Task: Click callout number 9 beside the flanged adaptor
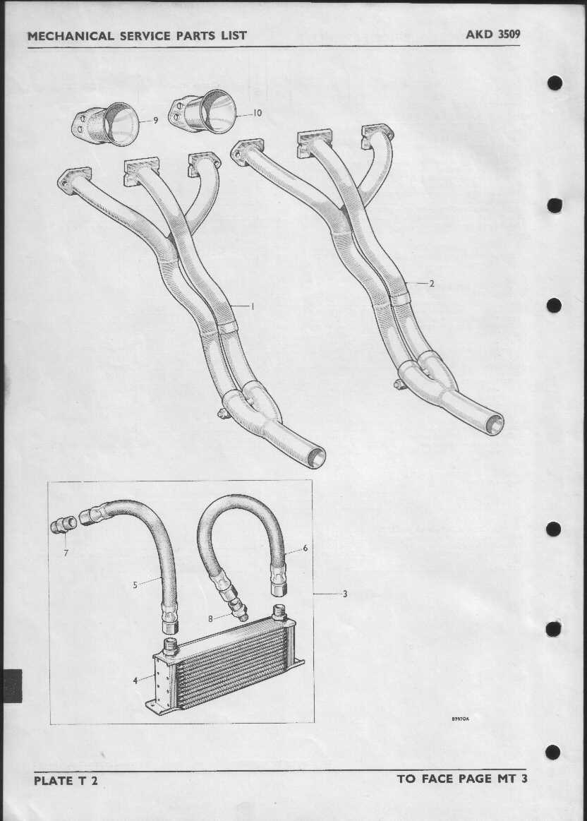click(x=155, y=121)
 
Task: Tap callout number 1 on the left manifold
click(x=253, y=306)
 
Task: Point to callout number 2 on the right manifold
click(x=432, y=284)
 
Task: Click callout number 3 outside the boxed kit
click(x=345, y=594)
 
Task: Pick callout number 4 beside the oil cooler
click(x=135, y=681)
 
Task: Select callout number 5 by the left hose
click(x=135, y=585)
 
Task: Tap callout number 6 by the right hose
click(x=305, y=549)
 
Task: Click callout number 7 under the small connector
click(x=66, y=553)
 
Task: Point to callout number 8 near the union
click(x=210, y=619)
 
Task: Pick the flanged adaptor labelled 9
click(x=105, y=125)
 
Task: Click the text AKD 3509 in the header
click(x=493, y=35)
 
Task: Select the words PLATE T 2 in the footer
click(x=66, y=781)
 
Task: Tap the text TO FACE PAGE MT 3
click(x=463, y=779)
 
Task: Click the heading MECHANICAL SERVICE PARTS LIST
click(x=137, y=36)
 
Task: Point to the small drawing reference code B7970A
click(x=461, y=719)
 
